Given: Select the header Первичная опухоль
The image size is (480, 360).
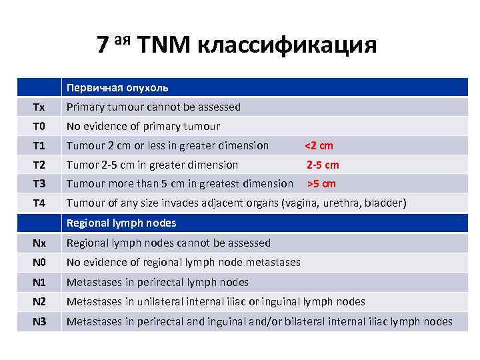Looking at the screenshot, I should tap(117, 87).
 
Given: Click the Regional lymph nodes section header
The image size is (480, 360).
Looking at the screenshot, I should tap(121, 223).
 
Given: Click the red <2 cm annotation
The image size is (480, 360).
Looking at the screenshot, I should tap(319, 145).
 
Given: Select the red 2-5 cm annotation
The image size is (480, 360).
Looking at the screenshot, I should tap(323, 165).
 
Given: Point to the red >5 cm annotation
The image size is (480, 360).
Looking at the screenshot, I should tap(321, 184).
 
